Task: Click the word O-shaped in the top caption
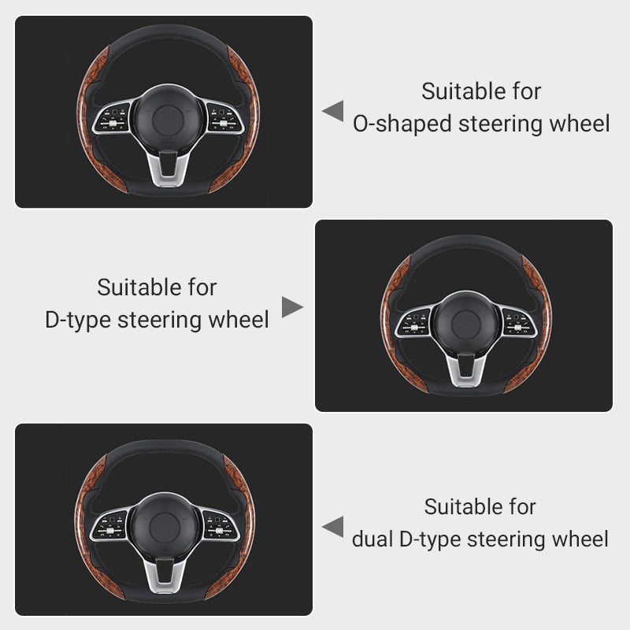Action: pyautogui.click(x=402, y=124)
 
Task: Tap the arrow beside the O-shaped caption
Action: pyautogui.click(x=332, y=110)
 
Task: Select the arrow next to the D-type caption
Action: pyautogui.click(x=292, y=307)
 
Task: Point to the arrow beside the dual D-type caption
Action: pyautogui.click(x=332, y=527)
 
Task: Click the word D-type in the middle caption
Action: pyautogui.click(x=78, y=320)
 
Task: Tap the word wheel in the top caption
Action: pyautogui.click(x=583, y=124)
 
